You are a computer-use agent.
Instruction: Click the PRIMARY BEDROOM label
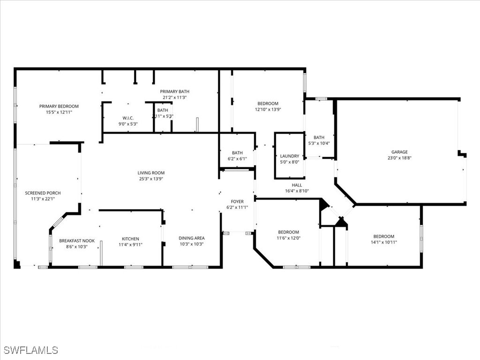[59, 106]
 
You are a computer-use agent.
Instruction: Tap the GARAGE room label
[399, 152]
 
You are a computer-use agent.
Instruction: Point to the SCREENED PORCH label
[43, 193]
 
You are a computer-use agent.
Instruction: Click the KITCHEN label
[130, 239]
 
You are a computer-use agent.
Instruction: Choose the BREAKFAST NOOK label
[76, 241]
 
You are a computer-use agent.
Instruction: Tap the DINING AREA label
[191, 238]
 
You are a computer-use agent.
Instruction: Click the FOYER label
[237, 202]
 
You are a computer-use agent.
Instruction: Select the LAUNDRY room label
[289, 156]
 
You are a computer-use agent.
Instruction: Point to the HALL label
[297, 185]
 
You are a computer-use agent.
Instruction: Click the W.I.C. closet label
[128, 118]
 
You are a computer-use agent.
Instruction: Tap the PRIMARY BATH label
[174, 92]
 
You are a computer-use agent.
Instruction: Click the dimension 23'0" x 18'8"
[399, 158]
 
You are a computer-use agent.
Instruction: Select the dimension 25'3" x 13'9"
[150, 179]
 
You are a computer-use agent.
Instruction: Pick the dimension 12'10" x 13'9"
[268, 109]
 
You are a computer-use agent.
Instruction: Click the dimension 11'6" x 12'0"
[288, 238]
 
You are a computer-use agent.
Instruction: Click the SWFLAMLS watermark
[31, 350]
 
